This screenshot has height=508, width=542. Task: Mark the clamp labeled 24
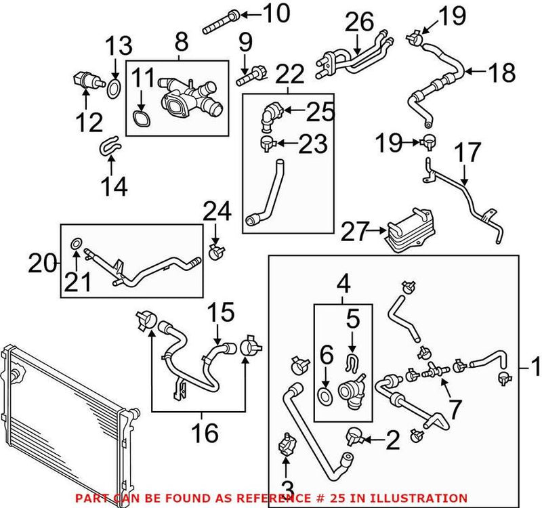pos(217,253)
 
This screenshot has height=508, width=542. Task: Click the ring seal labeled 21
pos(77,242)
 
